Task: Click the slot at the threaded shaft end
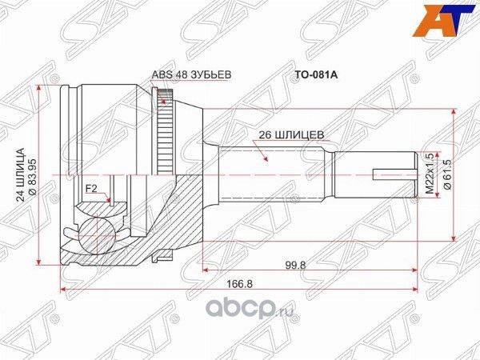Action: click(393, 174)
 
